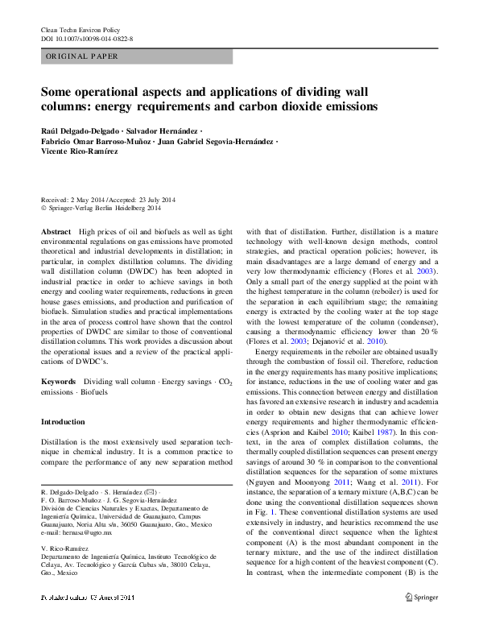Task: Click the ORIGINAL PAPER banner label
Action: [x=82, y=56]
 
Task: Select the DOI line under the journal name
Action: [x=86, y=39]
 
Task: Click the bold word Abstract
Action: [x=55, y=231]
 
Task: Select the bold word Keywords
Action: [x=58, y=379]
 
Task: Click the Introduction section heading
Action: [x=63, y=422]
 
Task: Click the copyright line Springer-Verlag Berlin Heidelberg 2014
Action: [x=104, y=208]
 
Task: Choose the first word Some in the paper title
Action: [x=58, y=92]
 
